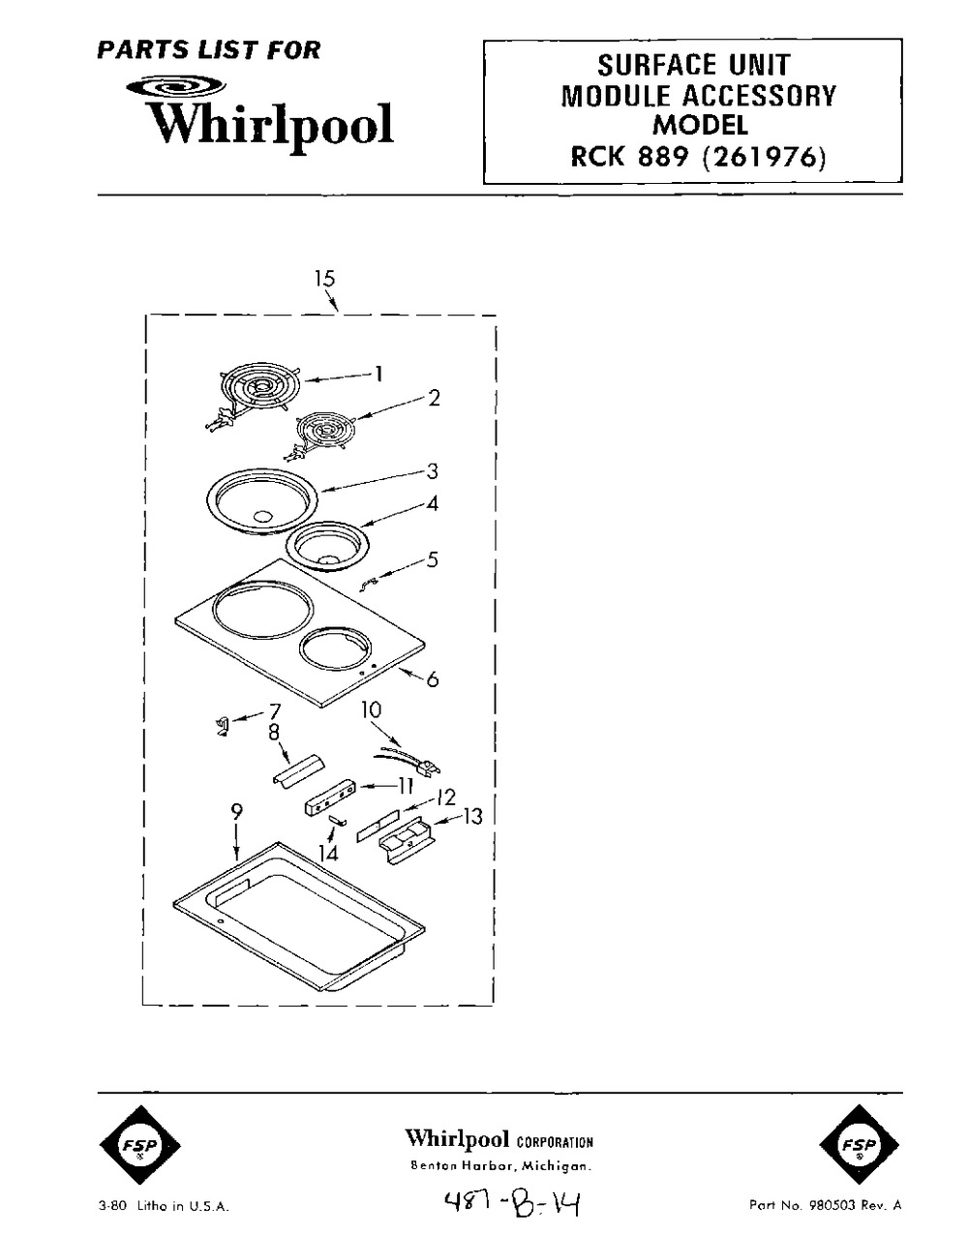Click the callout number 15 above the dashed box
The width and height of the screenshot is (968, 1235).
[x=325, y=279]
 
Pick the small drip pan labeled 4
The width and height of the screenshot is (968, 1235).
[x=327, y=545]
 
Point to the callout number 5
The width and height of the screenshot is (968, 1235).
[x=433, y=559]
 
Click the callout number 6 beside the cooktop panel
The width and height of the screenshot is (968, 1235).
[x=433, y=679]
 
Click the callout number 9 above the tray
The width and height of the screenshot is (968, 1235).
[x=236, y=812]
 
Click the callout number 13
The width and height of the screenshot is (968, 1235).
[x=472, y=817]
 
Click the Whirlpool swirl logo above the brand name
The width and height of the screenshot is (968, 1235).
[x=176, y=87]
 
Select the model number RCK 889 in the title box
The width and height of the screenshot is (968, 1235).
[x=629, y=158]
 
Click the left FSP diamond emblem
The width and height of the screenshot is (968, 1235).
[x=139, y=1145]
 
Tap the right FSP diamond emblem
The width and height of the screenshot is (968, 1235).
[x=860, y=1145]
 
